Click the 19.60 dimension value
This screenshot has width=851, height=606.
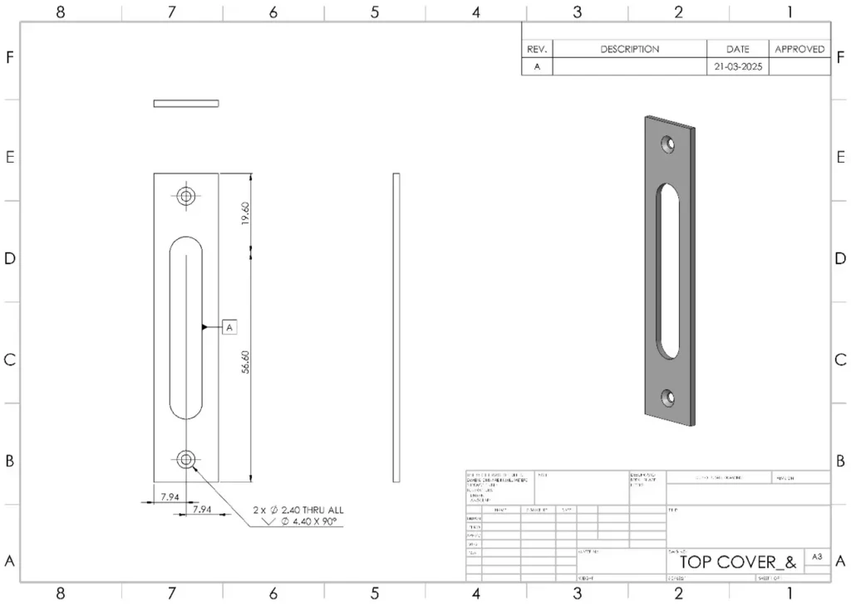pyautogui.click(x=245, y=214)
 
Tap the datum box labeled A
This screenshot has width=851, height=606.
pyautogui.click(x=230, y=327)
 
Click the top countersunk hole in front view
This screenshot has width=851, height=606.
pyautogui.click(x=185, y=196)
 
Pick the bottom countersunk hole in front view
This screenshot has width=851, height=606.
pyautogui.click(x=185, y=458)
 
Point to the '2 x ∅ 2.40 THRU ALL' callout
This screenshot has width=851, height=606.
pyautogui.click(x=298, y=510)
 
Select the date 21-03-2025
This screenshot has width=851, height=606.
pyautogui.click(x=737, y=67)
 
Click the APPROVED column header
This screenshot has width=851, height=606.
pyautogui.click(x=799, y=49)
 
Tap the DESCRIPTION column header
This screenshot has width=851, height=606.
pyautogui.click(x=629, y=49)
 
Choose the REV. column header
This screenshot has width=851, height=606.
pyautogui.click(x=536, y=49)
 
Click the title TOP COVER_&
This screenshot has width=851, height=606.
pyautogui.click(x=731, y=562)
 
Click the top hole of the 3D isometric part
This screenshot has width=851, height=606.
pyautogui.click(x=667, y=144)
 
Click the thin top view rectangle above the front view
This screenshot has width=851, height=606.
pyautogui.click(x=186, y=103)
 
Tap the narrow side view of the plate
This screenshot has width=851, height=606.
pyautogui.click(x=396, y=327)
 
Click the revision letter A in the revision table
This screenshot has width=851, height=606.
pyautogui.click(x=536, y=67)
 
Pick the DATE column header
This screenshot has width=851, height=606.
pyautogui.click(x=737, y=49)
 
